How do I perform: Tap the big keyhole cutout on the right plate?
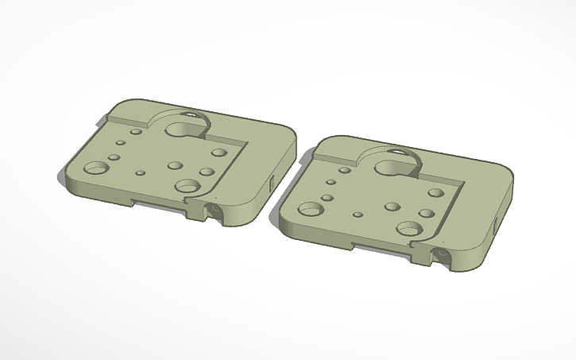(395, 166)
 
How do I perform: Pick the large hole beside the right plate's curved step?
(408, 229)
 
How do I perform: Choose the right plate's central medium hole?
(392, 207)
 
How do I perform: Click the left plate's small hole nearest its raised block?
(136, 131)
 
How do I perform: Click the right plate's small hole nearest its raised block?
(345, 168)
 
